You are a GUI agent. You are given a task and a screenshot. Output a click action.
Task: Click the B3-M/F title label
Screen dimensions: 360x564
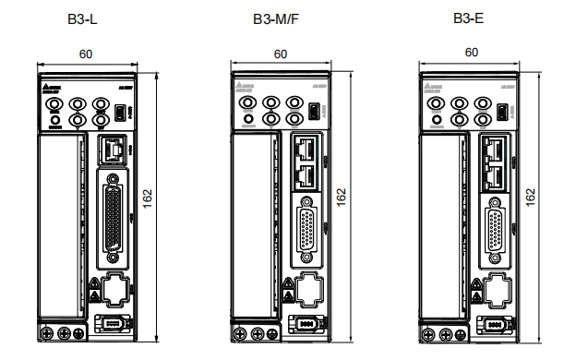(x=276, y=18)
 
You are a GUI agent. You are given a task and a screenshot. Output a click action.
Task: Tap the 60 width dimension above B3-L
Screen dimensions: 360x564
(x=85, y=54)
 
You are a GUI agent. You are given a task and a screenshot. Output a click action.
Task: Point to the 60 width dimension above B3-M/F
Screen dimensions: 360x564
(x=280, y=54)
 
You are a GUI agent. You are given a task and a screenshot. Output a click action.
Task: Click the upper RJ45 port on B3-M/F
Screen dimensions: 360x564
(x=306, y=147)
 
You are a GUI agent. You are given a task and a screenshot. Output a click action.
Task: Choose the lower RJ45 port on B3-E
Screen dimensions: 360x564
(x=496, y=174)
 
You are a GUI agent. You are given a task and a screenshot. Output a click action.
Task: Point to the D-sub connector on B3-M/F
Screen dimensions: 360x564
(x=306, y=227)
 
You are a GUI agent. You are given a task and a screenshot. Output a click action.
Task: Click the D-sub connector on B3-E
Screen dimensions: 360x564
(x=496, y=227)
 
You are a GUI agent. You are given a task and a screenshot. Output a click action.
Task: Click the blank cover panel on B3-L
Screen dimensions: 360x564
(x=65, y=222)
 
